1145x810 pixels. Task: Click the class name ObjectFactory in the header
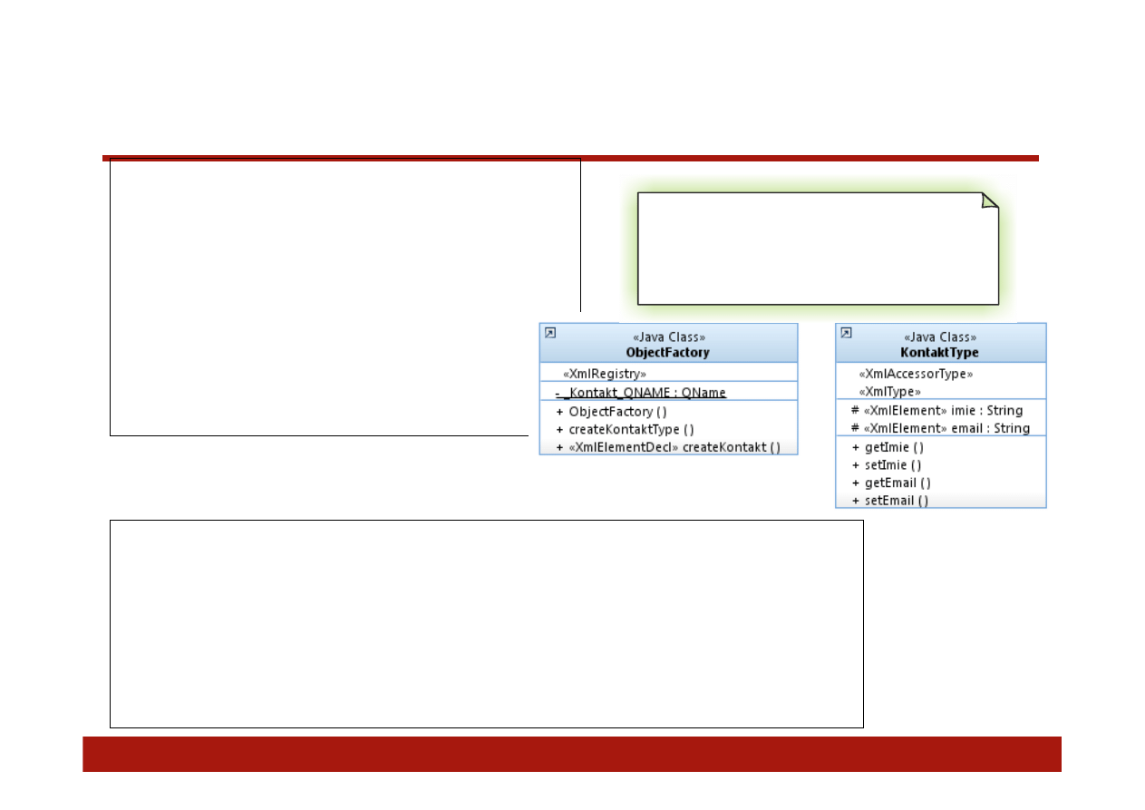[x=667, y=352]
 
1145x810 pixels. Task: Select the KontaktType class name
[x=939, y=352]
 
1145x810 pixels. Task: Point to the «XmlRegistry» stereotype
[x=605, y=374]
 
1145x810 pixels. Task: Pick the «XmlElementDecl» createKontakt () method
[x=674, y=447]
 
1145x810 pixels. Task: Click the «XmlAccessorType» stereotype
[x=916, y=374]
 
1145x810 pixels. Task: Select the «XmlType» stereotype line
[x=889, y=392]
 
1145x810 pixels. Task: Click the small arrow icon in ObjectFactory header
[x=549, y=333]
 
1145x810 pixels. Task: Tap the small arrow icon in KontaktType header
[x=846, y=333]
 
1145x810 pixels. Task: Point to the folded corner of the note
[x=990, y=200]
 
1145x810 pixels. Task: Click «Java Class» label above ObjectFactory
[x=668, y=337]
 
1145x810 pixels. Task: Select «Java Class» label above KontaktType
[x=939, y=337]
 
